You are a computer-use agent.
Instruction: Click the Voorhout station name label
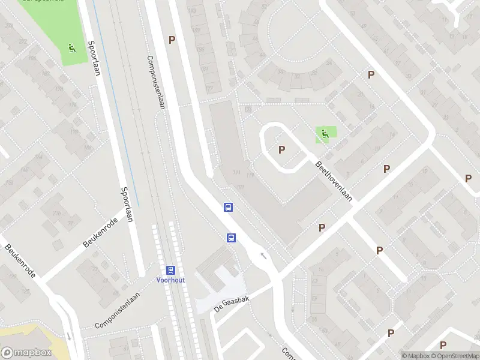pyautogui.click(x=170, y=280)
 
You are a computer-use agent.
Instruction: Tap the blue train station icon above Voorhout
pyautogui.click(x=170, y=270)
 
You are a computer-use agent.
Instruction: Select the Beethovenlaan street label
pyautogui.click(x=334, y=181)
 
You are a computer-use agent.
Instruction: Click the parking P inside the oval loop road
pyautogui.click(x=281, y=149)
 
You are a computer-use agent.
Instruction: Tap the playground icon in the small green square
pyautogui.click(x=325, y=134)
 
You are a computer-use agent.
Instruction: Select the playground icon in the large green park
pyautogui.click(x=71, y=47)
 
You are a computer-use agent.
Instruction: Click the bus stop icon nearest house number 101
pyautogui.click(x=228, y=208)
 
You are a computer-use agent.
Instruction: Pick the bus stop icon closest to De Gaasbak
pyautogui.click(x=231, y=238)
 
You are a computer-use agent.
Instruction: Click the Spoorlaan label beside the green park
pyautogui.click(x=94, y=58)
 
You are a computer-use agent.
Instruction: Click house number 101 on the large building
pyautogui.click(x=241, y=188)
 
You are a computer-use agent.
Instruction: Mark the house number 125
pyautogui.click(x=26, y=290)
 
